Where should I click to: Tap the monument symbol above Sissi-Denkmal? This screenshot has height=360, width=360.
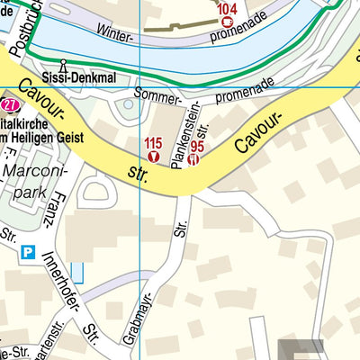click(64, 65)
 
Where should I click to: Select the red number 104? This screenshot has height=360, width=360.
click(227, 7)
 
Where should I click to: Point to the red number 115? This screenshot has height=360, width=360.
click(153, 143)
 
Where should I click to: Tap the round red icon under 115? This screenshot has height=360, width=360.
click(153, 157)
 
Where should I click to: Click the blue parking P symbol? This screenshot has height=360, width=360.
click(29, 253)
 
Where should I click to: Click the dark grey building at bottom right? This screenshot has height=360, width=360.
click(300, 348)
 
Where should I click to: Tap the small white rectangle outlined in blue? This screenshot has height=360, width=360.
click(76, 270)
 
